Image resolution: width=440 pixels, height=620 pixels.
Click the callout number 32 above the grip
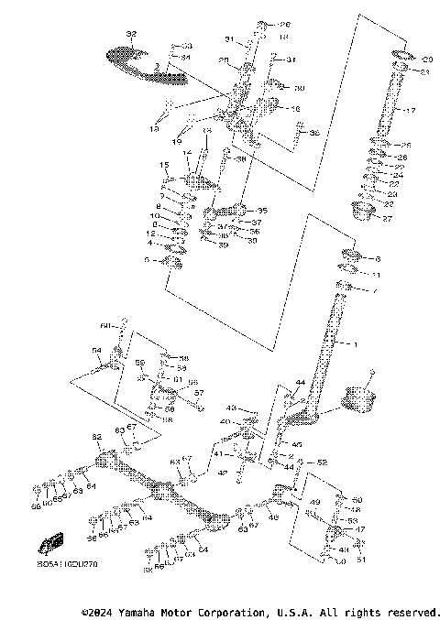131,34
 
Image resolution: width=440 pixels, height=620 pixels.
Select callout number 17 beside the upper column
410,111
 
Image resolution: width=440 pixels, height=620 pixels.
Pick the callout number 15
165,165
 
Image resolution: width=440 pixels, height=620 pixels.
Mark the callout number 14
186,154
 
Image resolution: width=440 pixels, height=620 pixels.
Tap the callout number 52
322,463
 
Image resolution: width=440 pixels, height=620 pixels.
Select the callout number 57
198,392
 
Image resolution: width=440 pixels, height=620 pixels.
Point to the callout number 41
217,453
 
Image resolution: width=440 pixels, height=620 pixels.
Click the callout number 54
96,350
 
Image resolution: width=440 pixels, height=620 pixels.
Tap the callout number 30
299,88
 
